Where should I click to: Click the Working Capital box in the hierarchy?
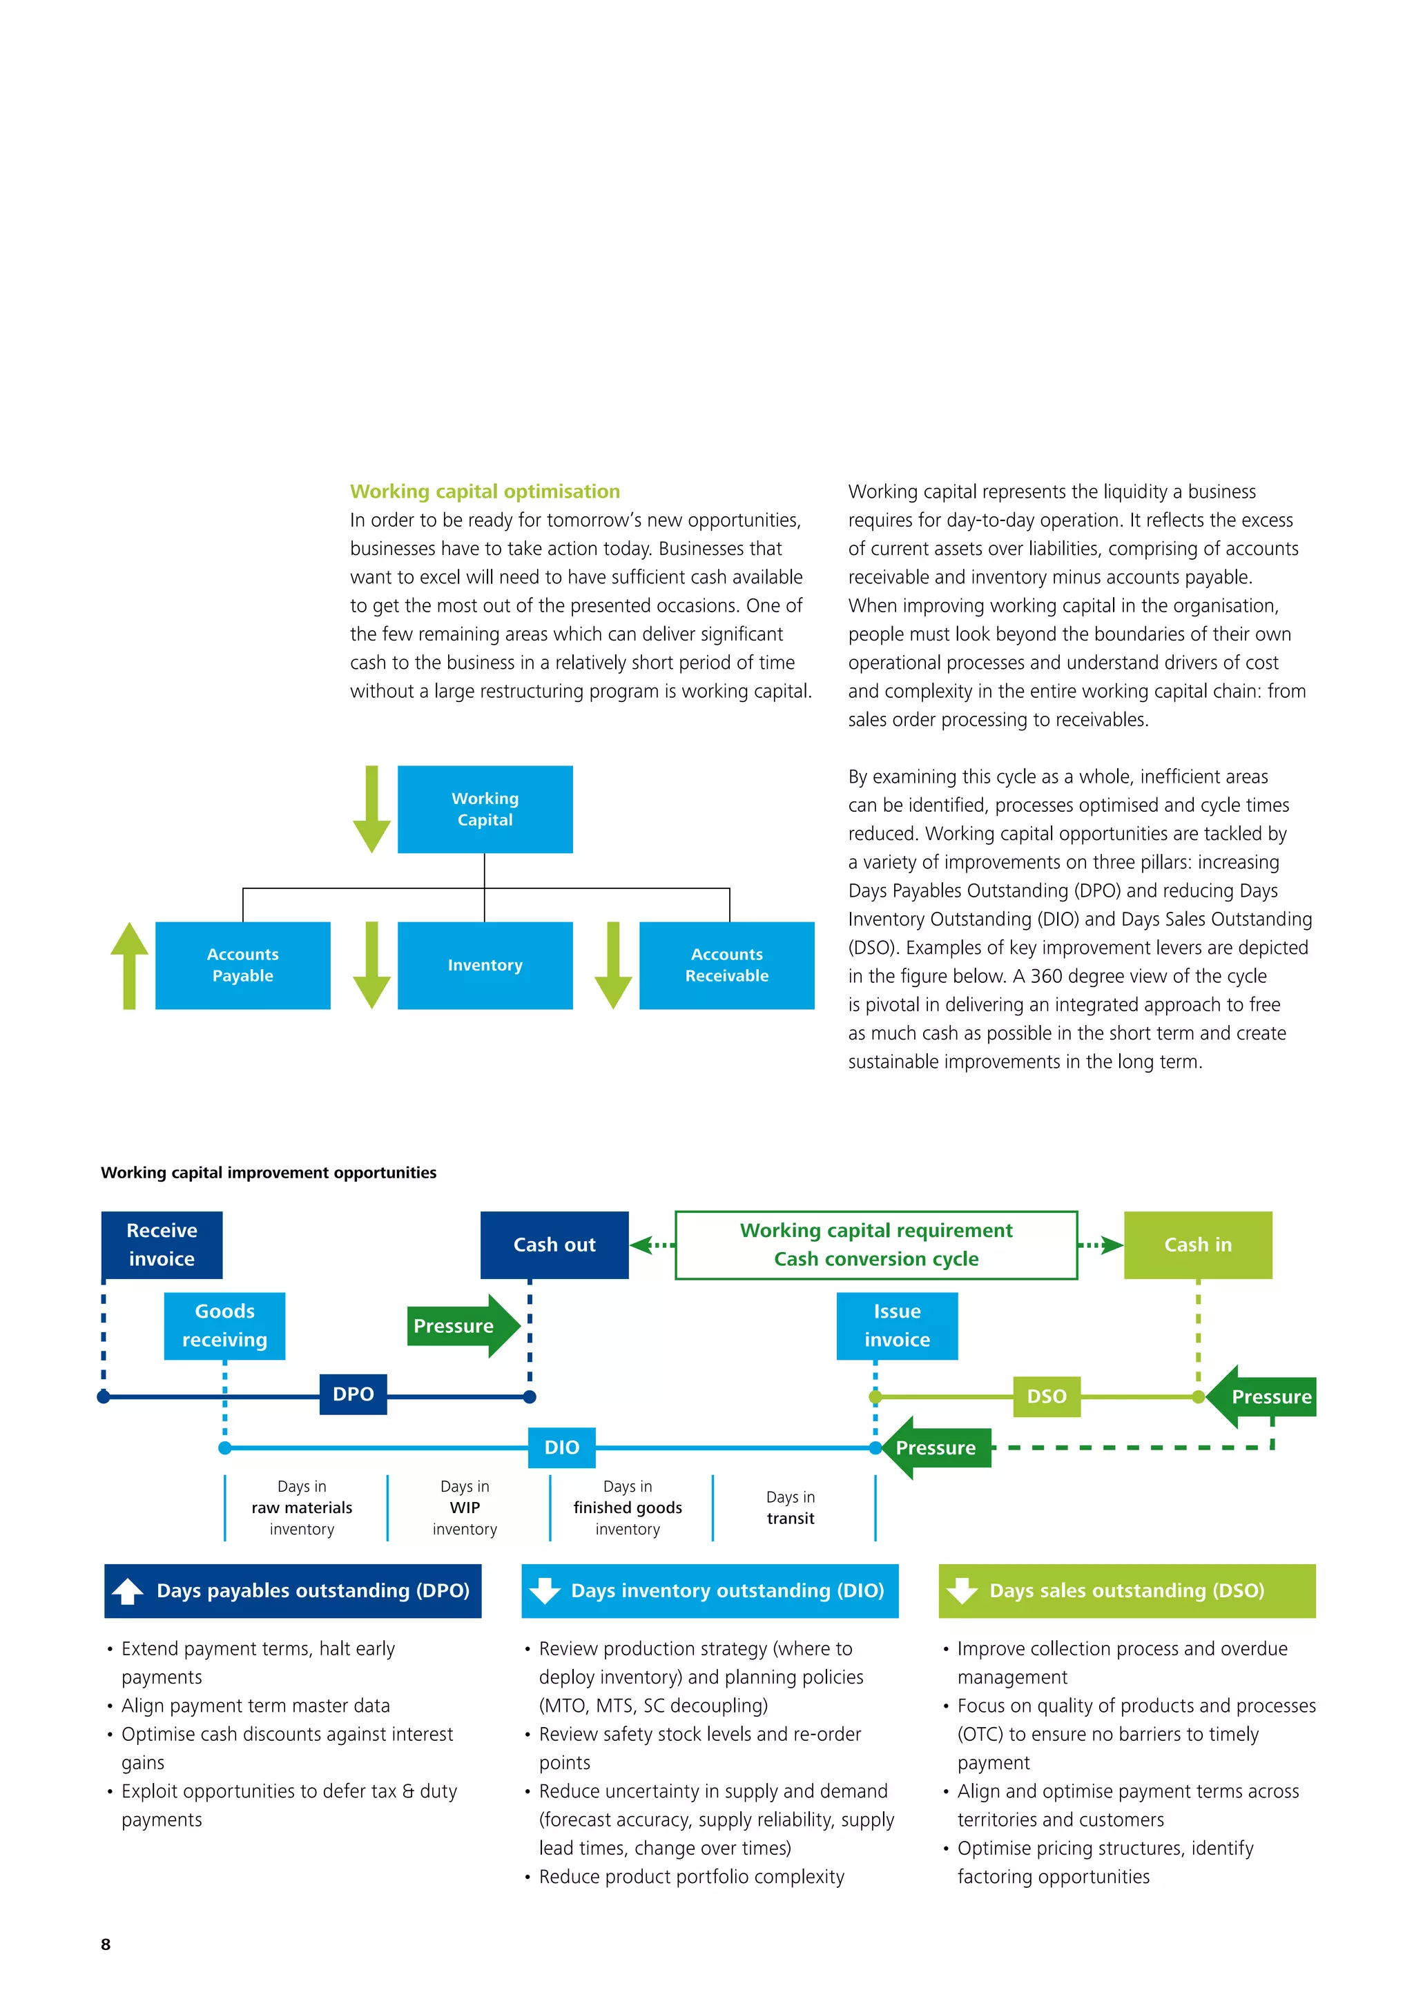click(485, 809)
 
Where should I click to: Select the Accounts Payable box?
click(242, 965)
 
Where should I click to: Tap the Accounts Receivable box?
click(726, 965)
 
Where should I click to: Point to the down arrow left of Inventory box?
click(371, 965)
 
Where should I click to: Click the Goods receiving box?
click(224, 1325)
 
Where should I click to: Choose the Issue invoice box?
click(897, 1325)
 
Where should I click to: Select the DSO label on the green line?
click(1047, 1396)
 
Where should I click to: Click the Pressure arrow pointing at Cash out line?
click(461, 1325)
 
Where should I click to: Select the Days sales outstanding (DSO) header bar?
click(1127, 1590)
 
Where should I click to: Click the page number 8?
click(106, 1944)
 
